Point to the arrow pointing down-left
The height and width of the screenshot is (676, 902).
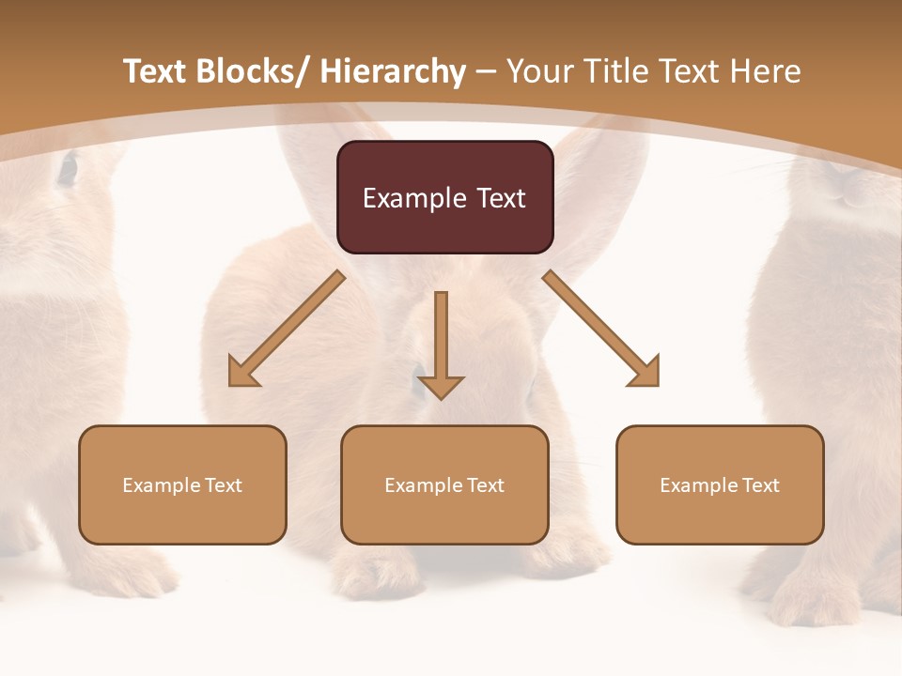coord(286,330)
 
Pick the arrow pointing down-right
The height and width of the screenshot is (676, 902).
coord(601,330)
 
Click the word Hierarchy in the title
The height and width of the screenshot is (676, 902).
coord(392,71)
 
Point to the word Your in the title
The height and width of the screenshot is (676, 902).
coord(539,71)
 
